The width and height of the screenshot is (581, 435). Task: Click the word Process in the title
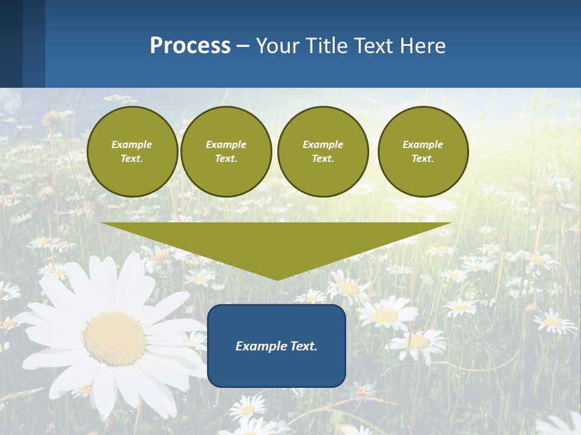[190, 46]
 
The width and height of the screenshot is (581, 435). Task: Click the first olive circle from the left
[132, 152]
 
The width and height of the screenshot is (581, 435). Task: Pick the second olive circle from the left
[226, 152]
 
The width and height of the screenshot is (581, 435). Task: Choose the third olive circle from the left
[323, 152]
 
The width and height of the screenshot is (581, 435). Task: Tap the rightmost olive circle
[422, 152]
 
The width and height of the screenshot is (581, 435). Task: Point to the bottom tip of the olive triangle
[277, 279]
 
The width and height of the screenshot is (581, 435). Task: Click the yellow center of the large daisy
[114, 338]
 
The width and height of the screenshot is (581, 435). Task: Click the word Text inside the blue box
[303, 346]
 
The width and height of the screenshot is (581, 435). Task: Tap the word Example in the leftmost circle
[132, 144]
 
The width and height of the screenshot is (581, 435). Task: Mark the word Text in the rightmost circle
[422, 159]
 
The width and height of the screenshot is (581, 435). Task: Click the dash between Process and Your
[243, 46]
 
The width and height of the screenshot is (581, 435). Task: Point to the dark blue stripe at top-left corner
[11, 43]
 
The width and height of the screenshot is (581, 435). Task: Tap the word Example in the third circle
[323, 144]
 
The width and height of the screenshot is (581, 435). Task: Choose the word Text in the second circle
[226, 159]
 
